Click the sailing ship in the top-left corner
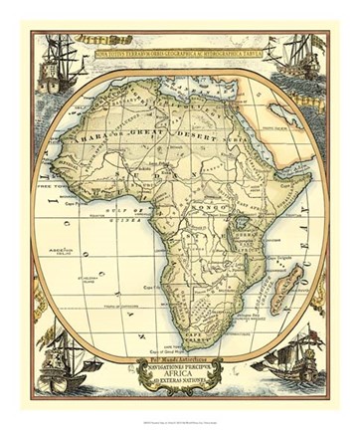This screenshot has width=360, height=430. pos(57,62)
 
